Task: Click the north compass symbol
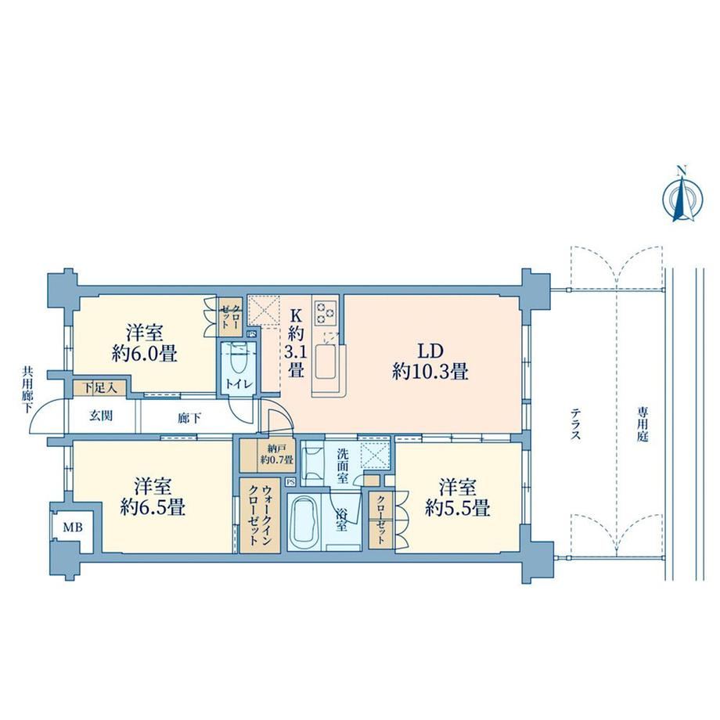(682, 196)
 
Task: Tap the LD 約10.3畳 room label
(430, 362)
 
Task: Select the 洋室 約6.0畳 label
(145, 343)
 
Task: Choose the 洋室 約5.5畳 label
(457, 498)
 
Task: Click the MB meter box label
(73, 527)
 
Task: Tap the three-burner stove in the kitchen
(326, 313)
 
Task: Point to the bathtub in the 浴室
(305, 523)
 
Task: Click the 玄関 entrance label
(101, 416)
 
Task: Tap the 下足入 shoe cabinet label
(99, 388)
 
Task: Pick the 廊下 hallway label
(189, 419)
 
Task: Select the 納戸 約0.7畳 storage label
(276, 453)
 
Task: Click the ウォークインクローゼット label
(260, 516)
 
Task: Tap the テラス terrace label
(575, 425)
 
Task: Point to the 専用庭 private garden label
(642, 423)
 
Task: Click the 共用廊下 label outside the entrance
(27, 390)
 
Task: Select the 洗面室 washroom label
(343, 466)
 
